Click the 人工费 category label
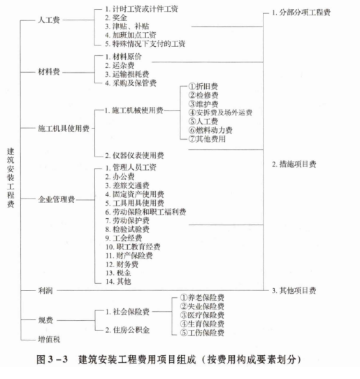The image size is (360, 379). coord(49,20)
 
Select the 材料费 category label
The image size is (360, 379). coord(49,72)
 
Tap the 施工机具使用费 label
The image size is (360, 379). coord(64,129)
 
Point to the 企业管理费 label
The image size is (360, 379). coord(57,199)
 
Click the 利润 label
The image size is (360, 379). coord(45,290)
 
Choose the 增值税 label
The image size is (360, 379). coord(49,339)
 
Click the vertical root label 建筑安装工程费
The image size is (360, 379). coord(10,178)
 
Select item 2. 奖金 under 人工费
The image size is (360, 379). coord(116,17)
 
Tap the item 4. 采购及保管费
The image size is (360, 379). coord(131,83)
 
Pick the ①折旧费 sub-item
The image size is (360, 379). coord(203,86)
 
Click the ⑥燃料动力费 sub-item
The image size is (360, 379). coord(210,130)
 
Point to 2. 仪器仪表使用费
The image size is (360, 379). coord(134,155)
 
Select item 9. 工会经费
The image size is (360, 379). coord(124,238)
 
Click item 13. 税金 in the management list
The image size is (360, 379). coord(118,273)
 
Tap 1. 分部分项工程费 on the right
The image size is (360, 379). coord(301,13)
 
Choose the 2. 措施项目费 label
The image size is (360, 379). coord(294,164)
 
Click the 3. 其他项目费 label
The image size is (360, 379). coord(294,290)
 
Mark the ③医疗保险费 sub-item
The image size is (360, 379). coord(202,315)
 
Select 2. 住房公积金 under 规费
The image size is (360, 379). coord(127,330)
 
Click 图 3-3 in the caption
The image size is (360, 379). coord(52,359)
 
